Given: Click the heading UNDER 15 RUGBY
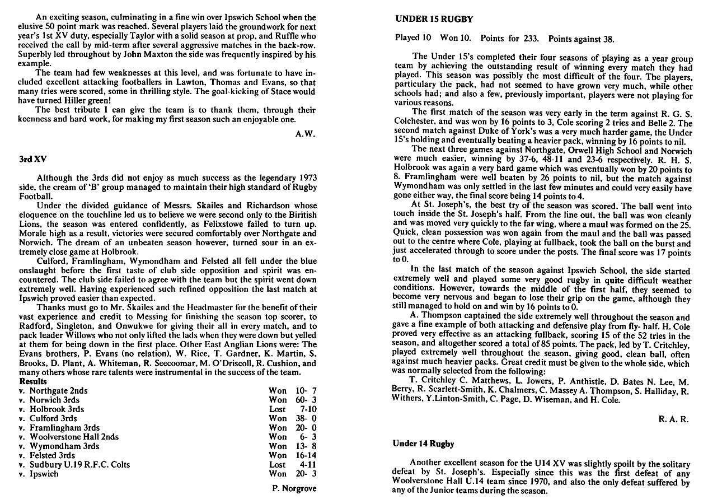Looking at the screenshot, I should click(434, 19).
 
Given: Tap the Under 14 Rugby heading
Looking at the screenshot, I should click(423, 444).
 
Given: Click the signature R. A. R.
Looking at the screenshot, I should click(677, 418).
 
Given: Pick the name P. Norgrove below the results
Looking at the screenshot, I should click(293, 488).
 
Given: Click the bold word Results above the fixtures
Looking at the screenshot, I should click(32, 381).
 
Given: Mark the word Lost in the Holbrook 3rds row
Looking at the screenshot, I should click(278, 409).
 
